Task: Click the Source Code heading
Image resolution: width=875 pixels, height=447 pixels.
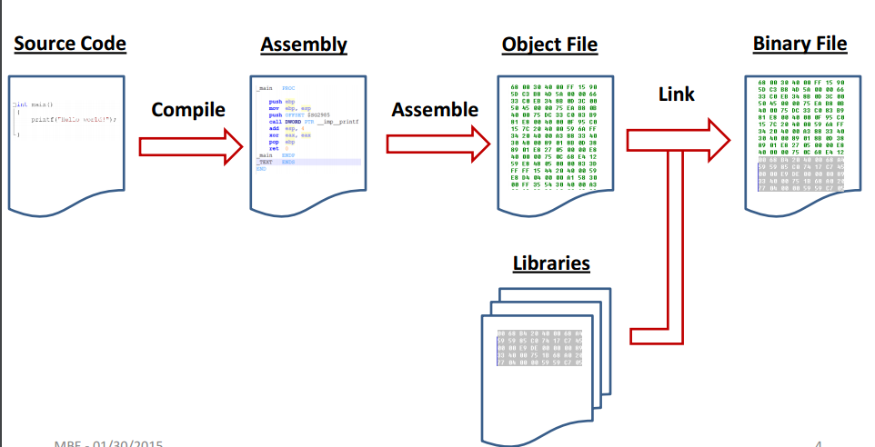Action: (69, 43)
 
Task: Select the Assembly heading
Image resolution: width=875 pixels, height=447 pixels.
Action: (303, 45)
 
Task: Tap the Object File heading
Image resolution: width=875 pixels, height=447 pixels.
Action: (549, 45)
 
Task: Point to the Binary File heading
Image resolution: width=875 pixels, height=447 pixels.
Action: (800, 43)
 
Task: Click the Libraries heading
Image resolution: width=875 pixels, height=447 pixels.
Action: (551, 263)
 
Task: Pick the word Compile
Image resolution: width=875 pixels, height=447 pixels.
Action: (188, 110)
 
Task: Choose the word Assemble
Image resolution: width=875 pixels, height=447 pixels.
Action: (435, 110)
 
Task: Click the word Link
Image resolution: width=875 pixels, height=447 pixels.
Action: (677, 94)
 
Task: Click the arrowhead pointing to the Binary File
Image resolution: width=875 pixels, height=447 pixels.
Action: (719, 139)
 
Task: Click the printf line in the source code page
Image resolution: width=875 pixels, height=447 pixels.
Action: (73, 119)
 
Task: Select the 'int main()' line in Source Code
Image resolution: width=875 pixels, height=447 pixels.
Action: (35, 104)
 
